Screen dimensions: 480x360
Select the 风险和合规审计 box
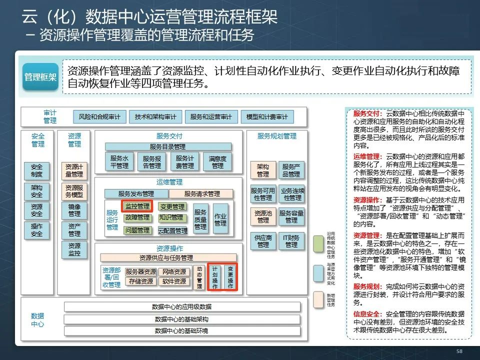click(99, 117)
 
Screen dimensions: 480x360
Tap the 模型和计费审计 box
click(267, 117)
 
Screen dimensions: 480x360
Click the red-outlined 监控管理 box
click(137, 206)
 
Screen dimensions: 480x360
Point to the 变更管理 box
click(172, 206)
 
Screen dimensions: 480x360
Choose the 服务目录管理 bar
click(168, 146)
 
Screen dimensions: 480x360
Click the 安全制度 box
click(36, 171)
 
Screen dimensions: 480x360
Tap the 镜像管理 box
click(74, 210)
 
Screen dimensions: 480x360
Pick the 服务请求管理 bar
click(201, 193)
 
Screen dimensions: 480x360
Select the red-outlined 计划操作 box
click(214, 277)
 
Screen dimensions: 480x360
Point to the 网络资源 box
click(174, 272)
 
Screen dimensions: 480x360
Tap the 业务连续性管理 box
click(292, 194)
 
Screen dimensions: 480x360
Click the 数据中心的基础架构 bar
click(181, 319)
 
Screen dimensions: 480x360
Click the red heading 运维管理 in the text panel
click(366, 156)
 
